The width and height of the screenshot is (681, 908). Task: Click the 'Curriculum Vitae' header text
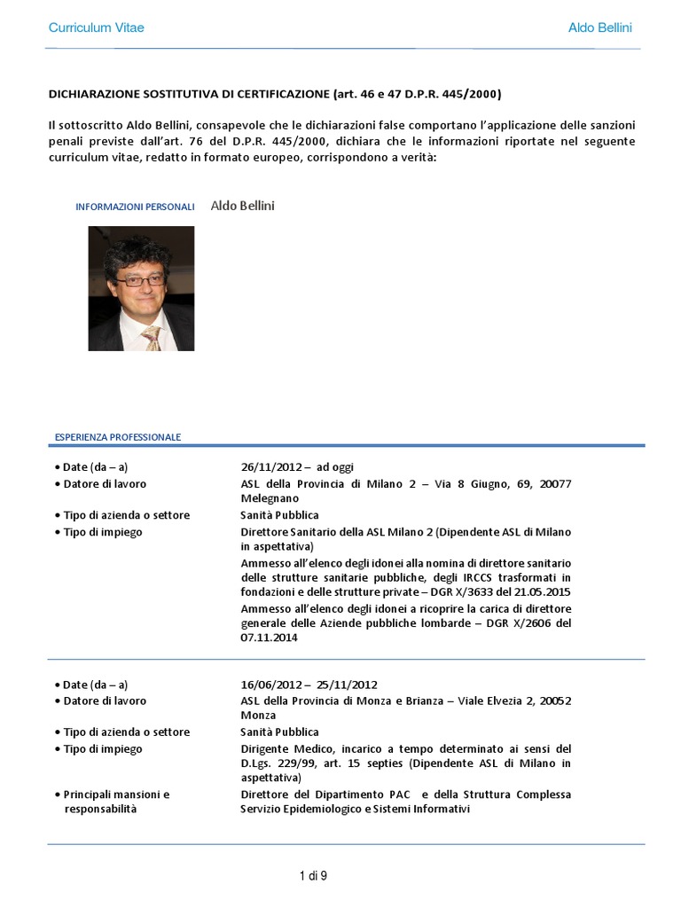point(96,27)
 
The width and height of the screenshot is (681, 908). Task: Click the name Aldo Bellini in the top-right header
point(599,27)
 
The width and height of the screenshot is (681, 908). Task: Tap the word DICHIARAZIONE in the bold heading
point(99,93)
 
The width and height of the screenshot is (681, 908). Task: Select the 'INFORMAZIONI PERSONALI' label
point(135,207)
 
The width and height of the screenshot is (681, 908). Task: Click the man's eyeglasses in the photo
point(139,281)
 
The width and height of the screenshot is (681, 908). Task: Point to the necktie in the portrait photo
point(153,338)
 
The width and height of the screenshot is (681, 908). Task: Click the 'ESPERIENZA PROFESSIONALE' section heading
point(118,437)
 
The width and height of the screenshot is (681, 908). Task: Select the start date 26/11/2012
point(270,467)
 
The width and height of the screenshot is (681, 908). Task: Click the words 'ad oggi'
point(335,467)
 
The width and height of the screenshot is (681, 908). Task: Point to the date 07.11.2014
point(264,637)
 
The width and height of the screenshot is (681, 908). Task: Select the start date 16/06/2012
point(270,685)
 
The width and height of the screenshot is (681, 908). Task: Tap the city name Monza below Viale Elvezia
point(258,716)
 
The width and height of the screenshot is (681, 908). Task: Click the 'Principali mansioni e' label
point(116,794)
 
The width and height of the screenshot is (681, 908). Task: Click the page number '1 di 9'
point(314,876)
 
